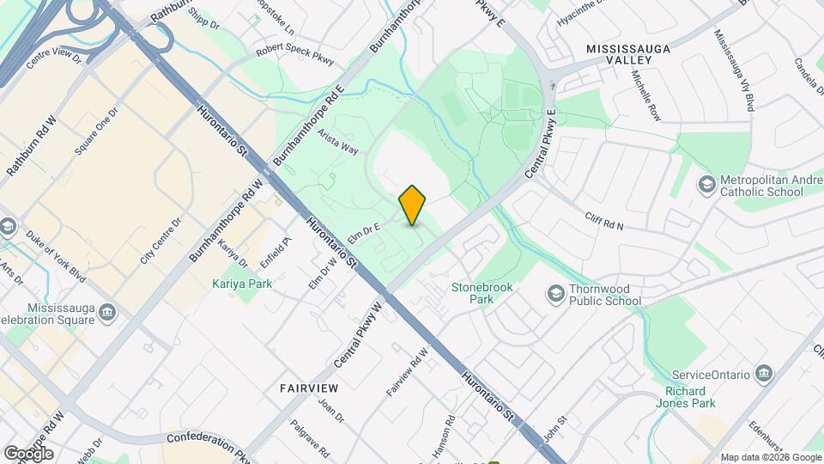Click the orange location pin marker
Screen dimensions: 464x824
pos(413,205)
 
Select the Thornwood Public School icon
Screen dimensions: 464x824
pos(555,294)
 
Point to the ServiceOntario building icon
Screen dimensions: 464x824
pos(764,374)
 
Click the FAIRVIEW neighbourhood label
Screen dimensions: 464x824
pos(309,388)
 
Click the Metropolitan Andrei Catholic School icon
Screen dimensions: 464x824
pos(706,185)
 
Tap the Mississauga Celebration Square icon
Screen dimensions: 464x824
pos(106,311)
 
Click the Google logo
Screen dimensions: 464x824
pos(28,453)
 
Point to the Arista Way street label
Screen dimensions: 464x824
pos(337,142)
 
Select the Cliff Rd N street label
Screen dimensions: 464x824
pos(604,221)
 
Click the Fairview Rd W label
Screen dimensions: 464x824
pos(407,371)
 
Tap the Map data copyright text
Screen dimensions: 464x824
pos(770,457)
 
